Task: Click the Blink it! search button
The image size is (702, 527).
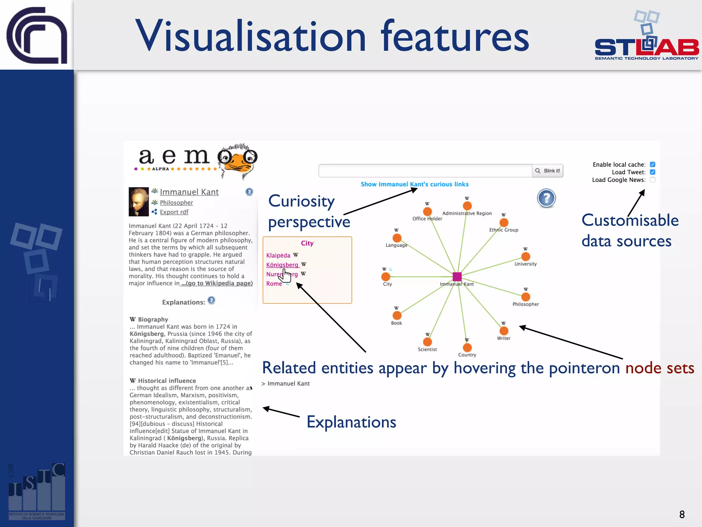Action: [547, 171]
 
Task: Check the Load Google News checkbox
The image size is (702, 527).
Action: [653, 180]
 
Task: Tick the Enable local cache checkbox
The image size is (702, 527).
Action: [653, 165]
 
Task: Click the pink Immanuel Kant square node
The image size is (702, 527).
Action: [457, 277]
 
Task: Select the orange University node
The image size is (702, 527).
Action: [525, 257]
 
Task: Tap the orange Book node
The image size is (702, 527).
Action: [397, 315]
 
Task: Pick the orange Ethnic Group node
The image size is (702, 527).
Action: [504, 223]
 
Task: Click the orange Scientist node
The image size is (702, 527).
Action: [427, 342]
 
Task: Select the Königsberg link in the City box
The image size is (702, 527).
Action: [282, 265]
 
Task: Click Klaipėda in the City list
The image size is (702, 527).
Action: [278, 256]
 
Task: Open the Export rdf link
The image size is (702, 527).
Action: [174, 212]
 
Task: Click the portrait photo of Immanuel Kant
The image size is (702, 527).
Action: [138, 202]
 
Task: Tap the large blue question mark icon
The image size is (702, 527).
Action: [546, 198]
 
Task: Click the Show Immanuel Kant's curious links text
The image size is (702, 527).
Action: [414, 184]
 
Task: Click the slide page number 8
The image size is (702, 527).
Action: [682, 514]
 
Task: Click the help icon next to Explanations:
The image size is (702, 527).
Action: [211, 301]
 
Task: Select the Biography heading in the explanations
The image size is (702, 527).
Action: [153, 319]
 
